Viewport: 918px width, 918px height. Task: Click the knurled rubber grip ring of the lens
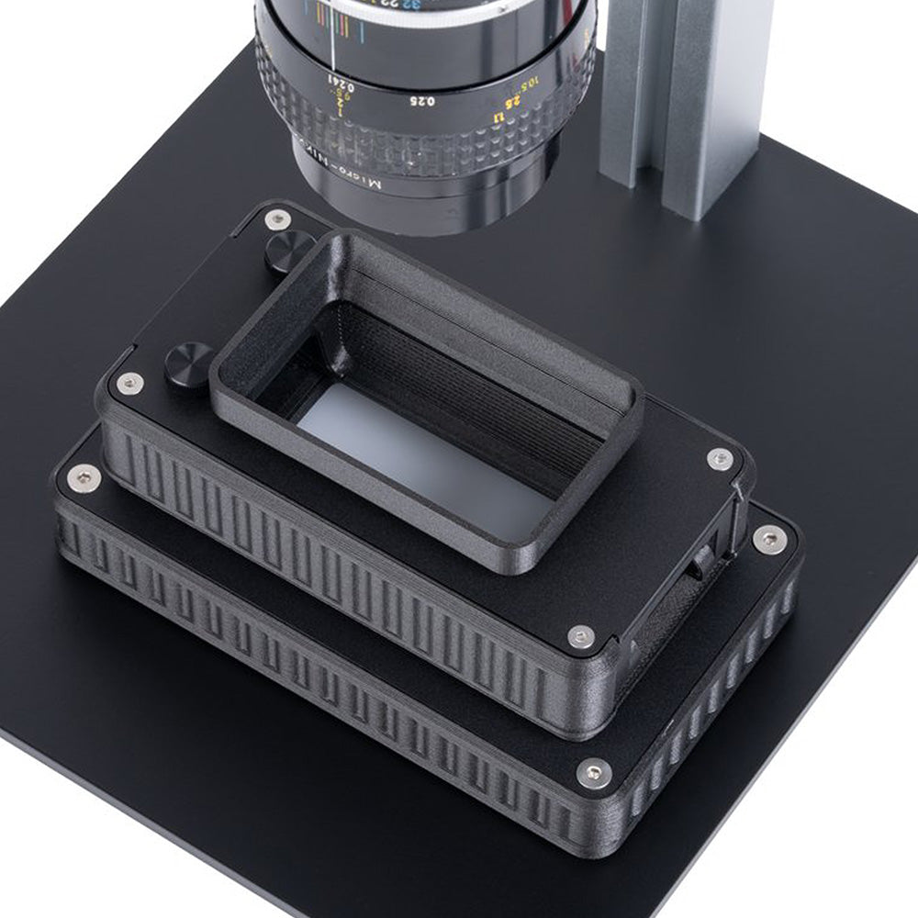tap(431, 142)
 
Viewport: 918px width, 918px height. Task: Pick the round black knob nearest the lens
tap(290, 250)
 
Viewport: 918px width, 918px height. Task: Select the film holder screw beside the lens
tap(276, 219)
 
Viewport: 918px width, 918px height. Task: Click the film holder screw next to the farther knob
tap(129, 383)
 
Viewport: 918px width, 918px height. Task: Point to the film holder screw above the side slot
tap(720, 459)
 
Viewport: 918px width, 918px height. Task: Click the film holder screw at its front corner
tap(580, 636)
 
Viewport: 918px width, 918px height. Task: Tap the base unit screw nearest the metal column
tap(768, 539)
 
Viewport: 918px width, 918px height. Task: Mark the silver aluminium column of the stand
tap(684, 92)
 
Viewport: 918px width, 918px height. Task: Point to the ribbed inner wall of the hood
tap(477, 386)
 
